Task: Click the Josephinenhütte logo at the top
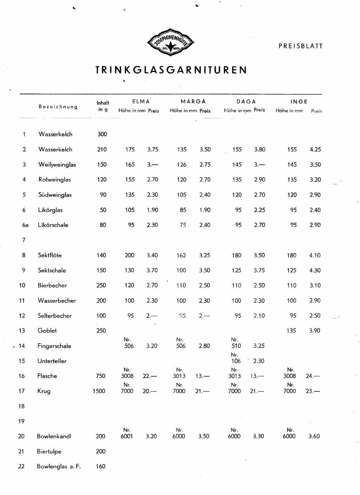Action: coord(171,44)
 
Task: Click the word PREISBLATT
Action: coord(300,46)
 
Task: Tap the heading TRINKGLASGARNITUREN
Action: coord(171,70)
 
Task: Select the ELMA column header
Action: coord(141,102)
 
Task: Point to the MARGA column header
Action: coord(193,102)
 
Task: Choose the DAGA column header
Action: coord(246,102)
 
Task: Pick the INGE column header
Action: coord(299,102)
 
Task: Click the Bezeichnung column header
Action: coord(58,106)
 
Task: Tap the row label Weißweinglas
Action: coord(57,164)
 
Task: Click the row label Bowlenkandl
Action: coord(54,436)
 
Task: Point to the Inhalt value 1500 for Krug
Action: coord(99,391)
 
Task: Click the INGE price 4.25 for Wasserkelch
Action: coord(315,149)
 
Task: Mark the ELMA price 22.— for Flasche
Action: coord(150,376)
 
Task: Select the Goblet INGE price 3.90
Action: coord(315,331)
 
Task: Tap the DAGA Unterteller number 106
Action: coord(236,361)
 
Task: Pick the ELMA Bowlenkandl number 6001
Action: coord(127,436)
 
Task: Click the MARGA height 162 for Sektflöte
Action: coord(181,255)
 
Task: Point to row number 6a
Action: coord(25,225)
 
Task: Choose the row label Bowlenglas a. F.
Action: coord(59,467)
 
